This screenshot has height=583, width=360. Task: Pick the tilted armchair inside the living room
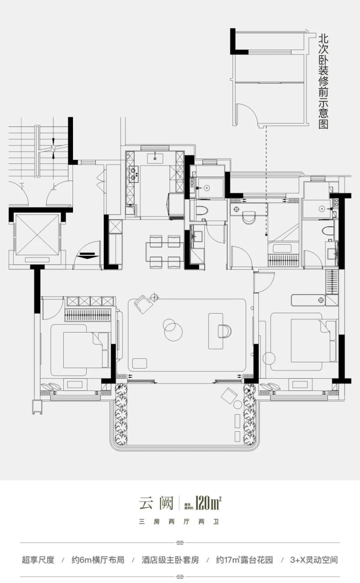pyautogui.click(x=144, y=304)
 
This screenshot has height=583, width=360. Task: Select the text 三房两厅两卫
pyautogui.click(x=180, y=522)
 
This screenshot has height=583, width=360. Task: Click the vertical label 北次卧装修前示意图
pyautogui.click(x=323, y=81)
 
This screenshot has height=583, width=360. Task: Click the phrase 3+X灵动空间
pyautogui.click(x=314, y=560)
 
